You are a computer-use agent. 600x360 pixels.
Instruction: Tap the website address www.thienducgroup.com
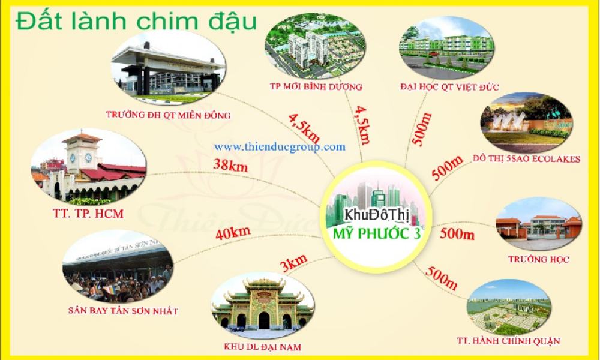click(280, 146)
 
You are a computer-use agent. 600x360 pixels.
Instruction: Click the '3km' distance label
click(293, 262)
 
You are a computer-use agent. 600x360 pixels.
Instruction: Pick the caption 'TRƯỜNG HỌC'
click(538, 259)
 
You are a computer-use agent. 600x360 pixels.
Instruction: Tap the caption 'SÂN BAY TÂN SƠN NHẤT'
click(123, 311)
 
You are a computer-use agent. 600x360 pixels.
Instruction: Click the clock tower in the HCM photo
click(82, 156)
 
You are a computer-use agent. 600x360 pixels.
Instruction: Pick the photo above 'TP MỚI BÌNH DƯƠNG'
click(314, 47)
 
